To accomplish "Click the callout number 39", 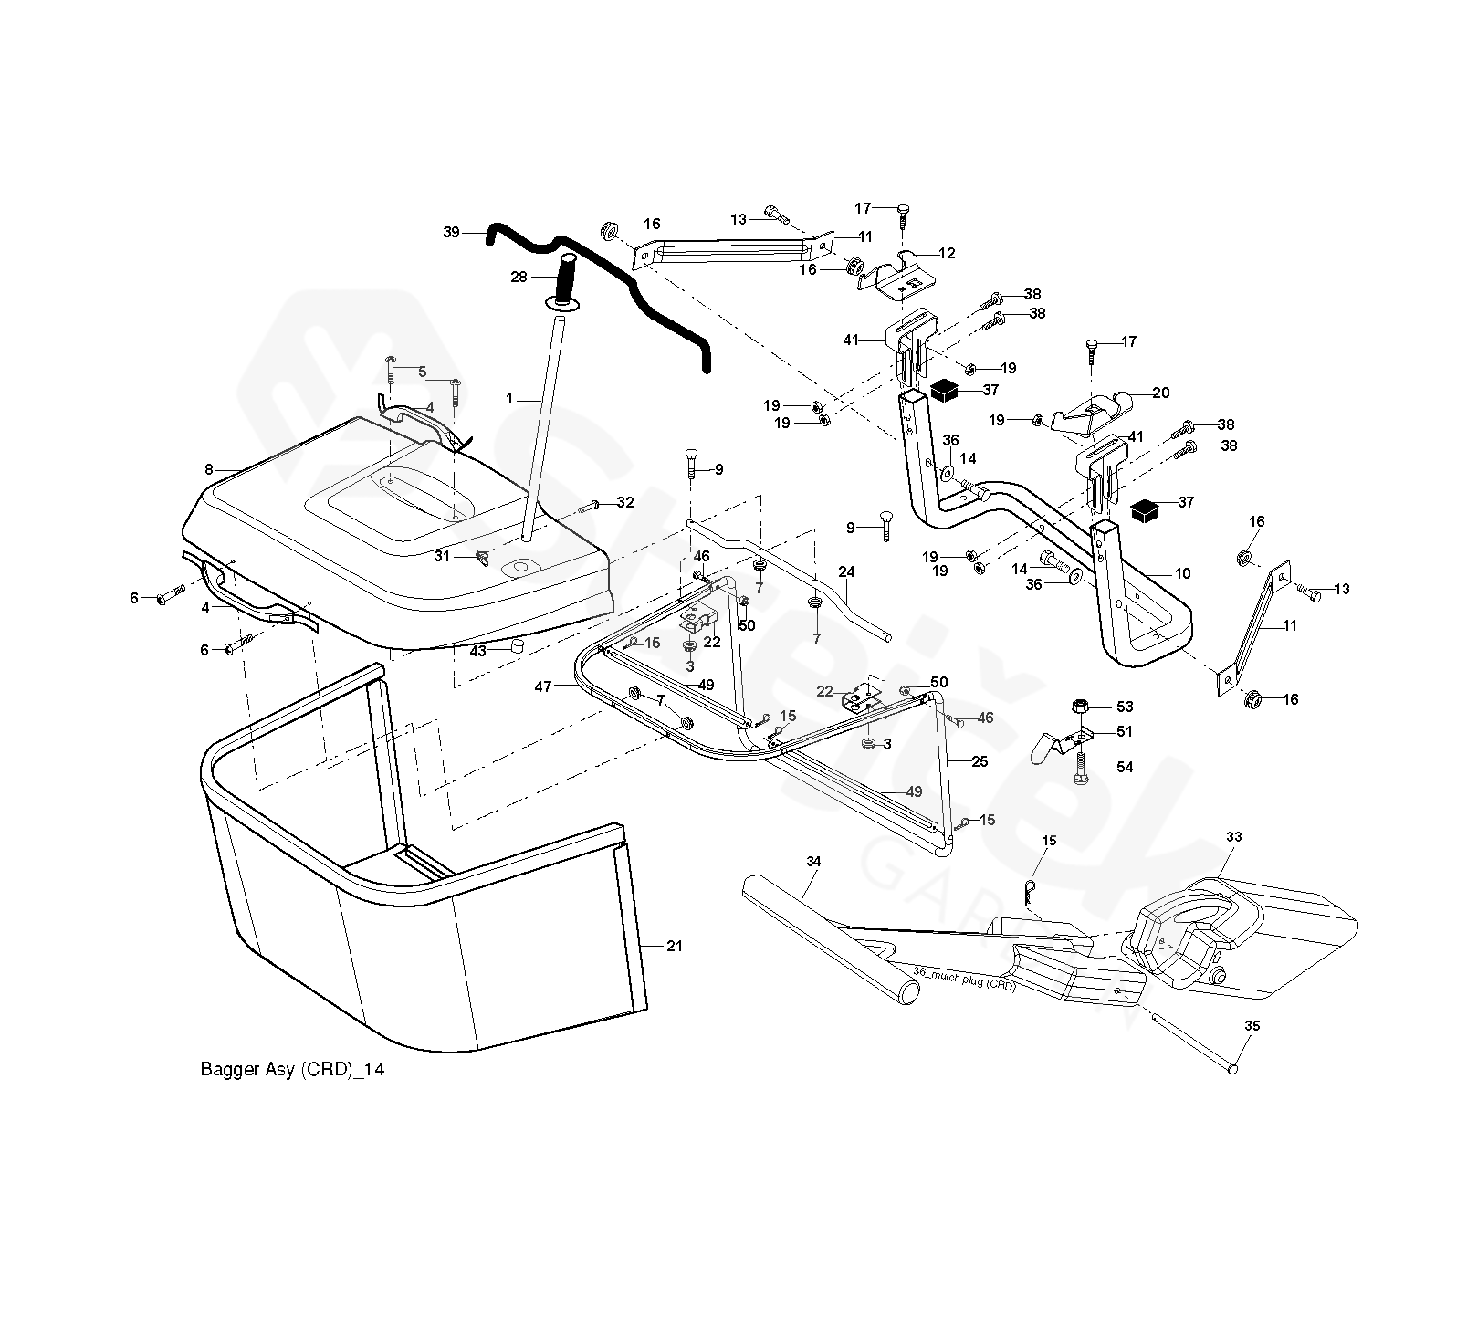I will (452, 232).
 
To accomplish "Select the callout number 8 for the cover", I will (209, 469).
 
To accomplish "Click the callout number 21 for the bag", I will (675, 946).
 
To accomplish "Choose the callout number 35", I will (1252, 1026).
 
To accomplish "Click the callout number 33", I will (1234, 836).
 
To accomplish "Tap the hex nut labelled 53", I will (1078, 707).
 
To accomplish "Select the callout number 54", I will (1125, 768).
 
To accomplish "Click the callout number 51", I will (1125, 731).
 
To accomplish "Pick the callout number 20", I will (1161, 393).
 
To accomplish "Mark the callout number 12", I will (948, 253).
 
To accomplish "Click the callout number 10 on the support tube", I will (1183, 573).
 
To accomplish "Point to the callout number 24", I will (846, 572).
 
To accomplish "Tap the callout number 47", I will (543, 686).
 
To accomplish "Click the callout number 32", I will (624, 502).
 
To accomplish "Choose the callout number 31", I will (442, 556).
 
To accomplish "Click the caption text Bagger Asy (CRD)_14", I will (292, 1070).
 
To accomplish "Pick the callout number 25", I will (980, 761).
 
